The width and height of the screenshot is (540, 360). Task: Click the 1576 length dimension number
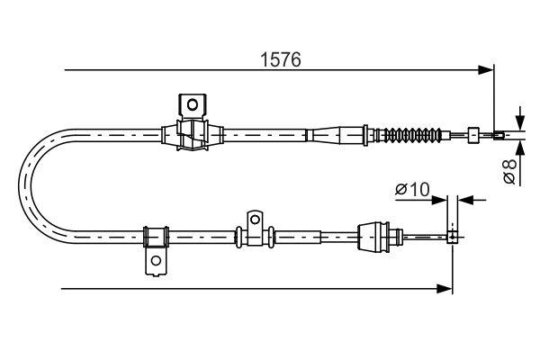coord(281,59)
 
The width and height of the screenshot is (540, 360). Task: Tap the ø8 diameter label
coord(509,171)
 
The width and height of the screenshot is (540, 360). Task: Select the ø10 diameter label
coord(412,189)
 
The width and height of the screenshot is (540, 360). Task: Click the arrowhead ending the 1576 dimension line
coord(486,70)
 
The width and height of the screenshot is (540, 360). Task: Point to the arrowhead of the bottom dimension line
coord(445,289)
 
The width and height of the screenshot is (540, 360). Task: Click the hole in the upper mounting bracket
coord(193,104)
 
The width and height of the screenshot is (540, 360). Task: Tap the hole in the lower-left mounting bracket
coord(156,260)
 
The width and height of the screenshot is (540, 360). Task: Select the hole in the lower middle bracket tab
coord(255,219)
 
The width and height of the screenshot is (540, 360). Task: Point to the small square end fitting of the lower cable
coord(453,237)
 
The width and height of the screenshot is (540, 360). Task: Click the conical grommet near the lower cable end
coord(373,237)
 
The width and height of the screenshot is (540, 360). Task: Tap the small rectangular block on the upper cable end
coord(472,135)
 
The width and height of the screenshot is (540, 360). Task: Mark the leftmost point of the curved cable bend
coord(19,186)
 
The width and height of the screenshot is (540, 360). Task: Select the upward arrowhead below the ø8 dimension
coord(520,148)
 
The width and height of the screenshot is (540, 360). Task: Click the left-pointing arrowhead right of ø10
coord(466,200)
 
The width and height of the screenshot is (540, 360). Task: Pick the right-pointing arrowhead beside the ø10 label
coord(439,200)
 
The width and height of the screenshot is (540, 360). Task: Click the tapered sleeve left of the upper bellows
coord(328,135)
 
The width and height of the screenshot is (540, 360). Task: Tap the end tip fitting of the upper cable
coord(499,135)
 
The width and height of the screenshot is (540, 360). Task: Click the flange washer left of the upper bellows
coord(365,135)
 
